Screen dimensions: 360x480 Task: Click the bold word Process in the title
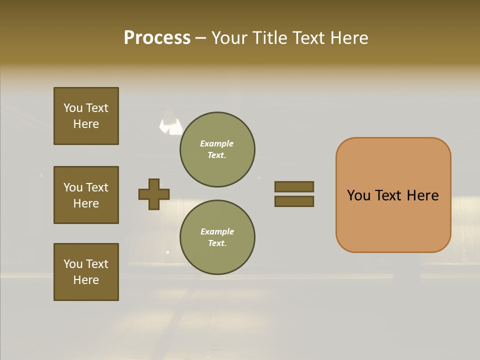point(157,38)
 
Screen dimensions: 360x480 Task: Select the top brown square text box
point(86,116)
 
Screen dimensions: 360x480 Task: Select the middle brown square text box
point(86,195)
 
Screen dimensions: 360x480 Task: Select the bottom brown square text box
point(86,272)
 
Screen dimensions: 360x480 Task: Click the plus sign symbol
point(154,194)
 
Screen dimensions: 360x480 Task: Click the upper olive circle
point(217,149)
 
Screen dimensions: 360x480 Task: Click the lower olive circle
point(217,237)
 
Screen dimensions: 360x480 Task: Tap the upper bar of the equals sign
point(294,187)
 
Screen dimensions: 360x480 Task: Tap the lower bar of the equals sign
point(294,201)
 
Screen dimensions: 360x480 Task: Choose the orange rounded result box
point(393,195)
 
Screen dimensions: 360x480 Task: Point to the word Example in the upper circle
point(217,143)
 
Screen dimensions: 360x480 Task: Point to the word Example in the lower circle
point(217,231)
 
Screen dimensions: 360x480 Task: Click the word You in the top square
point(73,108)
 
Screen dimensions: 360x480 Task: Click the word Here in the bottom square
point(86,280)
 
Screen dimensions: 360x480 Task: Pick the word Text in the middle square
point(97,187)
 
